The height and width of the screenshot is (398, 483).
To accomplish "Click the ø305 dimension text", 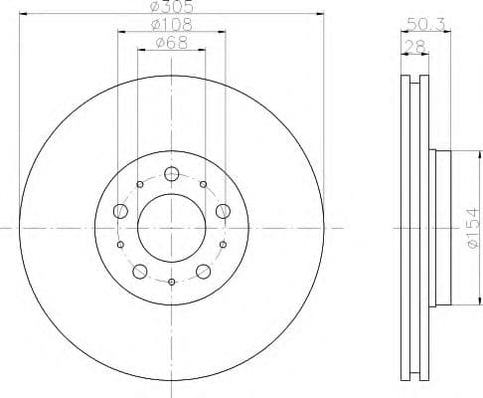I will click(171, 8).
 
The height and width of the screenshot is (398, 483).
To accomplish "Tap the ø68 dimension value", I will click(172, 44).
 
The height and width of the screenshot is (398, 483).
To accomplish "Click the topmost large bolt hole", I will click(171, 174).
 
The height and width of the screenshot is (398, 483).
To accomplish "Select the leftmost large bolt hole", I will click(121, 210).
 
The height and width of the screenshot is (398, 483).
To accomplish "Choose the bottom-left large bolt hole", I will click(140, 270).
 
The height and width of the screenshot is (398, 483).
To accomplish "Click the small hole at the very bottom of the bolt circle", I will click(171, 283).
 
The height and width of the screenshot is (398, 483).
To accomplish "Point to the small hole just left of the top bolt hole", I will click(139, 184).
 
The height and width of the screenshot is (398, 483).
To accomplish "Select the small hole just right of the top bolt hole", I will click(203, 184).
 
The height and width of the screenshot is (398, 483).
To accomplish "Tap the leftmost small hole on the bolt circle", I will click(120, 245).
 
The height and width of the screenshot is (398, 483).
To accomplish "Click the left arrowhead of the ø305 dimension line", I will click(22, 14).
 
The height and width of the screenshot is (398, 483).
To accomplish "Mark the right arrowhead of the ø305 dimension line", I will click(322, 14).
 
